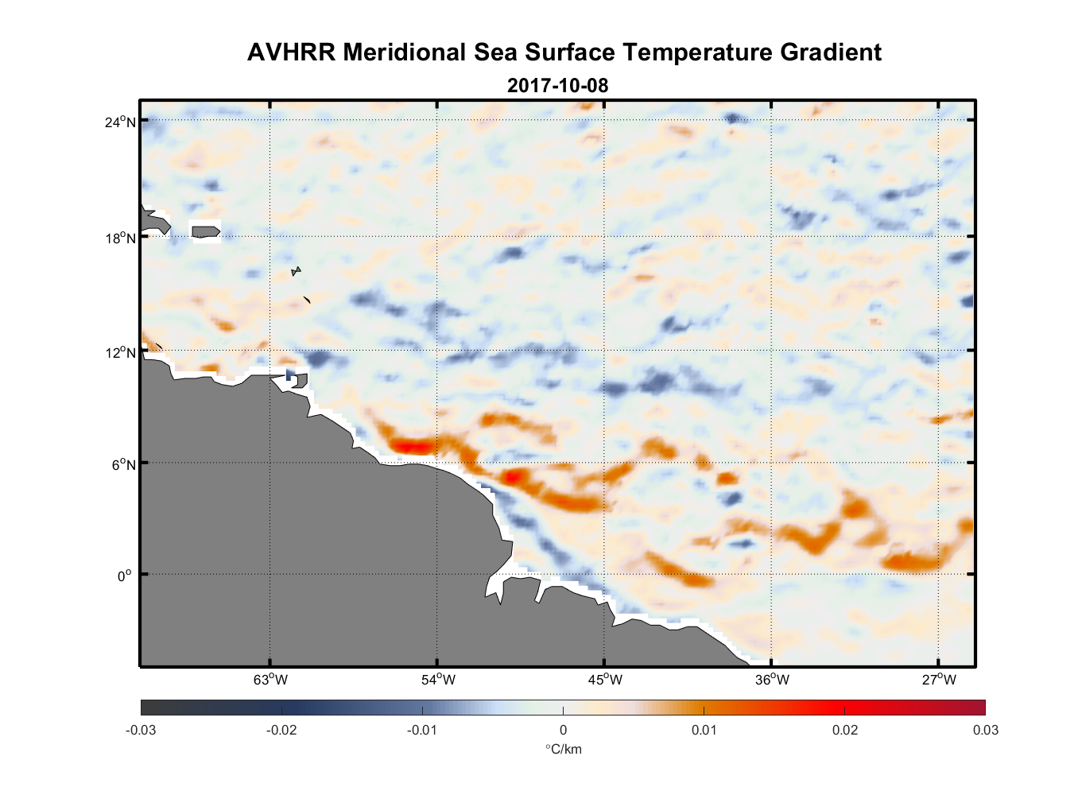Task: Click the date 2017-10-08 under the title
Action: point(557,86)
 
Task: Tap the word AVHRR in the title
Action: point(291,52)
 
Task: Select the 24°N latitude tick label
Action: point(120,122)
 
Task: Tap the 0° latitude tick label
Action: point(125,576)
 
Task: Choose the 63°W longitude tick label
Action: point(270,680)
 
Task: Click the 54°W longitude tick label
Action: point(438,680)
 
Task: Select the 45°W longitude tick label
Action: point(605,680)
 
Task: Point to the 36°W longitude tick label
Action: point(772,680)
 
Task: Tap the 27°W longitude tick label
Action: point(939,680)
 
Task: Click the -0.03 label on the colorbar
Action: point(141,730)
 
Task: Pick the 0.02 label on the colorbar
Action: point(845,730)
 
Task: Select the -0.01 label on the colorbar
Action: point(422,730)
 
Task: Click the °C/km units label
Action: point(563,749)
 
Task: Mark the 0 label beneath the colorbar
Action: point(563,730)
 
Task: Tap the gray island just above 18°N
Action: point(206,231)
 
